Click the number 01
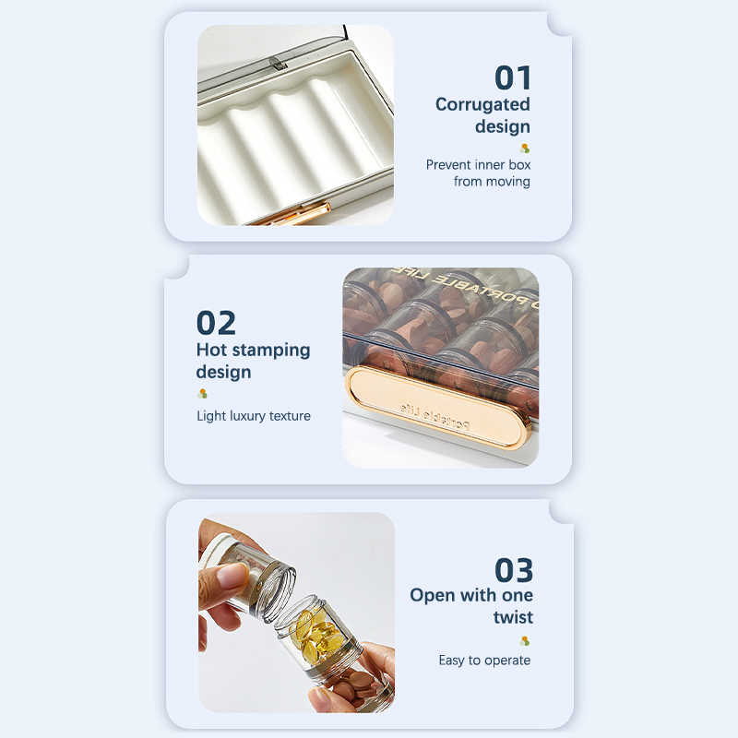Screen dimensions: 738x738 click(513, 77)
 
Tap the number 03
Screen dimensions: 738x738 click(514, 570)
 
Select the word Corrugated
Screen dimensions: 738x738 click(482, 104)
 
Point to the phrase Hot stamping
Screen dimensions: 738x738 click(253, 351)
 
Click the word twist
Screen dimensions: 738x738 click(513, 616)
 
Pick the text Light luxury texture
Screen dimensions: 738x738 click(254, 416)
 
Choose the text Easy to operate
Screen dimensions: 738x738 click(484, 661)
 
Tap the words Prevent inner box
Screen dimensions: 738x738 click(478, 165)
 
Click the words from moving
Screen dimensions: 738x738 click(492, 181)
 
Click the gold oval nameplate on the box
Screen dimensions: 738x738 click(435, 406)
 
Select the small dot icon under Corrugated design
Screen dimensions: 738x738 click(525, 149)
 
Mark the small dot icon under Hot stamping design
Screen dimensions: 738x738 click(202, 394)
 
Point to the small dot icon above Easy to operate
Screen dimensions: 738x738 click(525, 641)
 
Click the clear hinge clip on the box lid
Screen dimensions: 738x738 click(279, 64)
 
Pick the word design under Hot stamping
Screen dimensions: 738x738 click(223, 373)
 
